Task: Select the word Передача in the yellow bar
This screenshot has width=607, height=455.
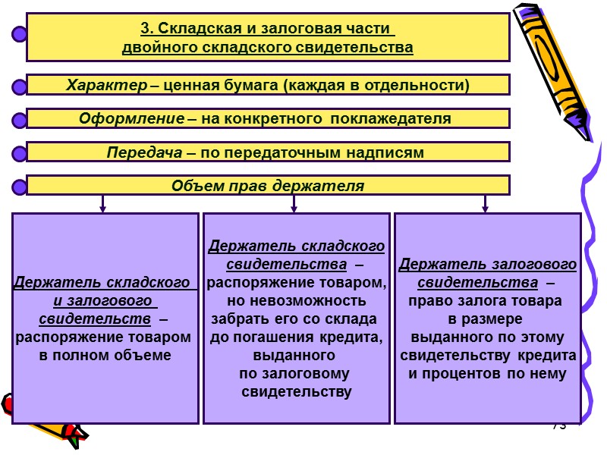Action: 143,152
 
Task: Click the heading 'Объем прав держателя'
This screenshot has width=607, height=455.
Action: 267,186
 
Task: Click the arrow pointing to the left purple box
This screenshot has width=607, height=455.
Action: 102,204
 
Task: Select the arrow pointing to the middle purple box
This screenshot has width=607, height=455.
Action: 294,204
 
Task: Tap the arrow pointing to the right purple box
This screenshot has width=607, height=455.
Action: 486,204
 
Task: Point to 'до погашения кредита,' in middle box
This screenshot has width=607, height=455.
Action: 295,337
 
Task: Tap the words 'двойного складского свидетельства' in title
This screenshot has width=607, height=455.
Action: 268,48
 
